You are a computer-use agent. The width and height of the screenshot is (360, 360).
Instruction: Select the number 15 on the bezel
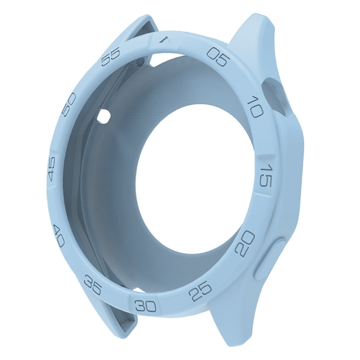coord(266,175)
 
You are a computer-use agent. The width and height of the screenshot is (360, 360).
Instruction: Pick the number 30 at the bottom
coord(146,306)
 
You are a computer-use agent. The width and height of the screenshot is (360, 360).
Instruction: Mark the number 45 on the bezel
coord(52,169)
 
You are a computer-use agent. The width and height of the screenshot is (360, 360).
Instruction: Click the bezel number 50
coord(69,104)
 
